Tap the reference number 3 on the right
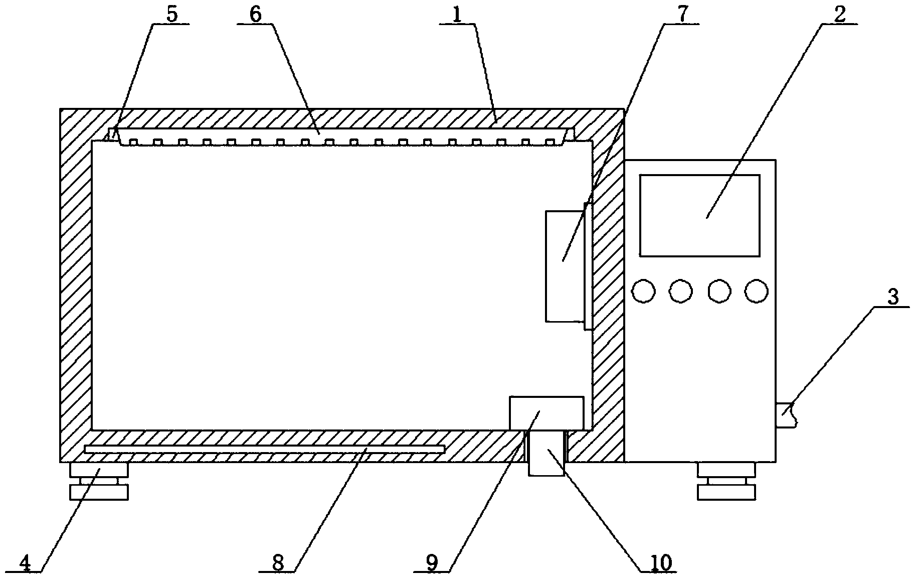[892, 298]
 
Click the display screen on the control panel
[699, 215]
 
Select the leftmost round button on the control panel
[644, 291]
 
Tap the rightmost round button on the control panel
[756, 291]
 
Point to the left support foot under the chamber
[99, 481]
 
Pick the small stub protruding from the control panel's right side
[785, 415]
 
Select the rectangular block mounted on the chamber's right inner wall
[565, 266]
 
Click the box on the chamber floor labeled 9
[546, 413]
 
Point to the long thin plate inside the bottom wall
[264, 449]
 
